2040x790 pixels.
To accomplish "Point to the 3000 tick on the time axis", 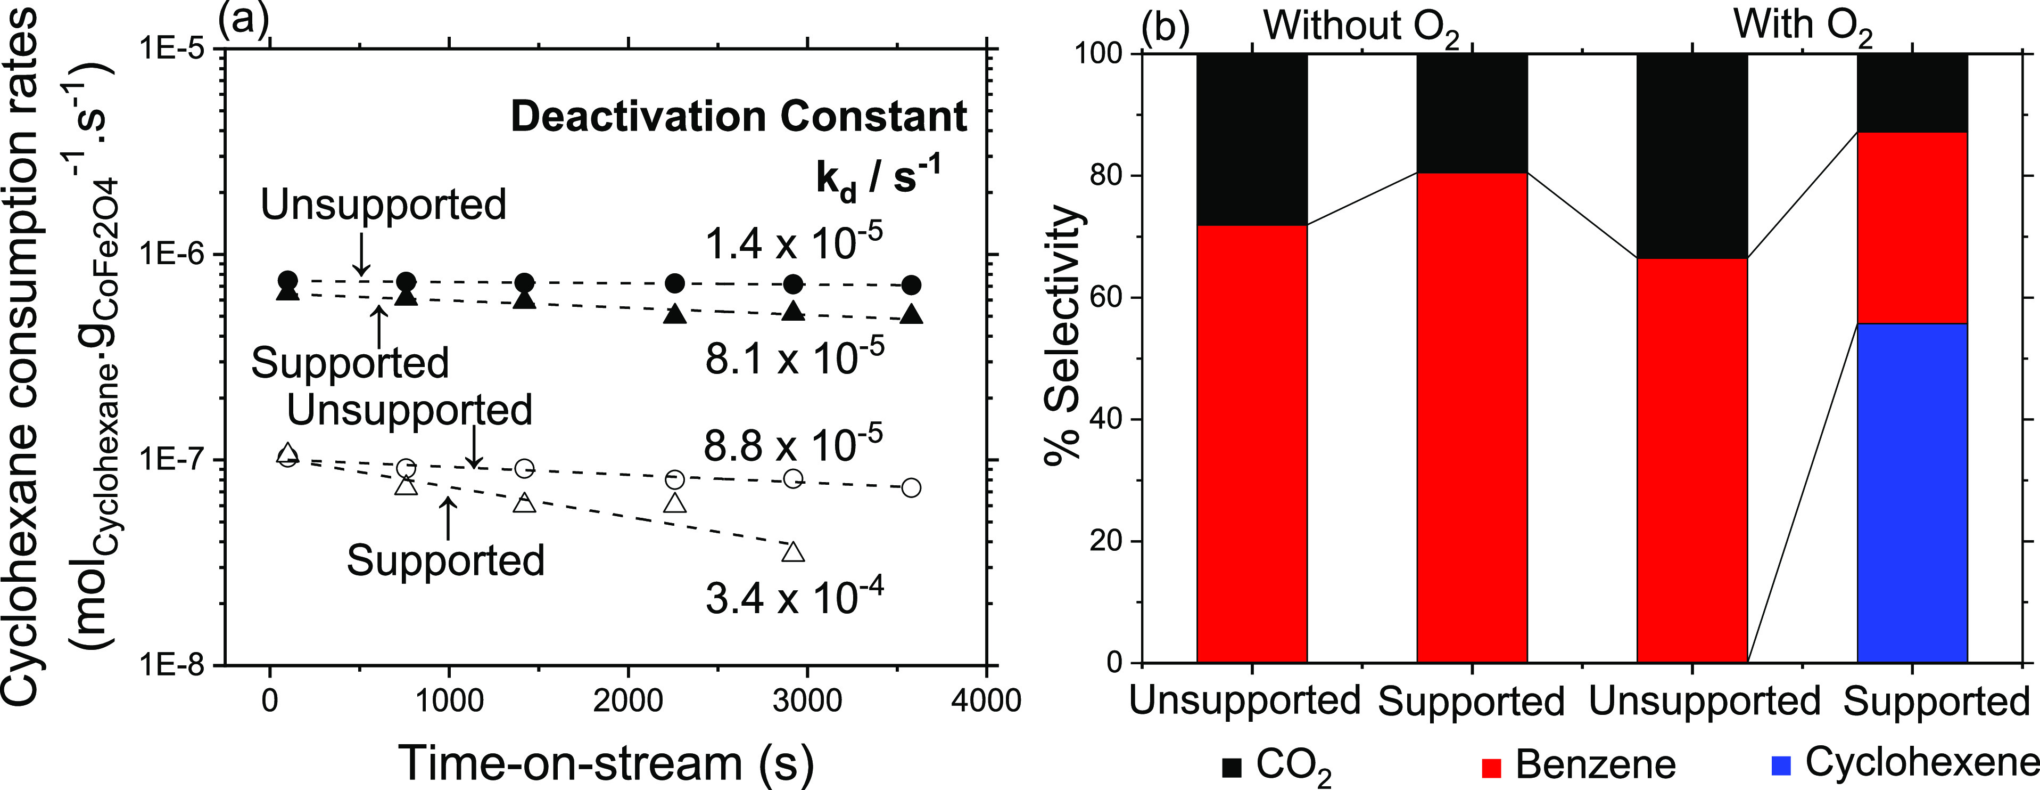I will [806, 701].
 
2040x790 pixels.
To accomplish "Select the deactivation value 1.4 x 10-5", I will [794, 242].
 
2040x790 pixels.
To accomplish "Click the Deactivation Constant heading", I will [738, 117].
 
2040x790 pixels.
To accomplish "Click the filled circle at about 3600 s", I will [912, 285].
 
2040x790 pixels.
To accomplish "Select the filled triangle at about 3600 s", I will [912, 315].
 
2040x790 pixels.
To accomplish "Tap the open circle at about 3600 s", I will [912, 487].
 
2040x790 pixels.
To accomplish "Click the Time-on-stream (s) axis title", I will [606, 762].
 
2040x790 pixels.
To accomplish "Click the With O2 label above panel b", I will [1803, 26].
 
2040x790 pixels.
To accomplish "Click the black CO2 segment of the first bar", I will [1251, 139].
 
